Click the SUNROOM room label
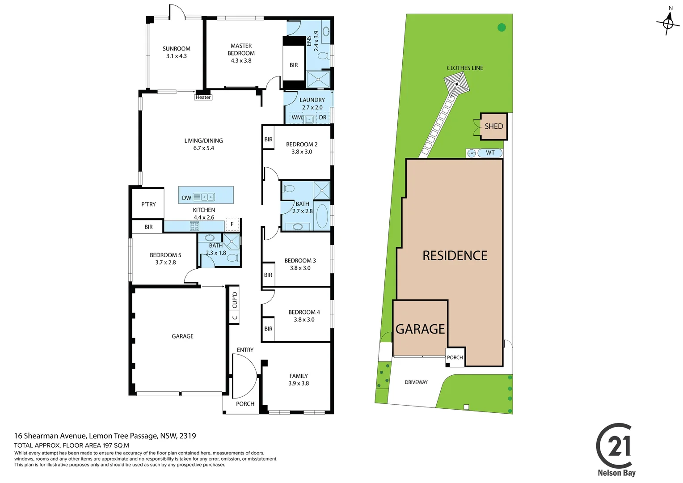tap(176, 49)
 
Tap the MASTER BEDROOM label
tap(241, 49)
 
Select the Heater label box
tap(203, 97)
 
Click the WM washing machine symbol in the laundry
tap(296, 118)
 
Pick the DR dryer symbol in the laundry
tap(322, 118)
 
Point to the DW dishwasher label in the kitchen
tap(186, 198)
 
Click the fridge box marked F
tap(232, 224)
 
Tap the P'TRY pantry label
tap(148, 204)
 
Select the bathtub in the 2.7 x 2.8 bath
tap(322, 216)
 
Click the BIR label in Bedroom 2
tap(268, 140)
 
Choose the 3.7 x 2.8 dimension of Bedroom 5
tap(165, 263)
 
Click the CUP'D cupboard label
tap(235, 300)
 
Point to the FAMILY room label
tap(298, 376)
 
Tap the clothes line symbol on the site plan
tap(456, 85)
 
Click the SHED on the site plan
tap(493, 127)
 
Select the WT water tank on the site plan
tap(490, 153)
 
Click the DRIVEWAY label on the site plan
tap(416, 382)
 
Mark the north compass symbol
tap(668, 22)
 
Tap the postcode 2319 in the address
tap(188, 436)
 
